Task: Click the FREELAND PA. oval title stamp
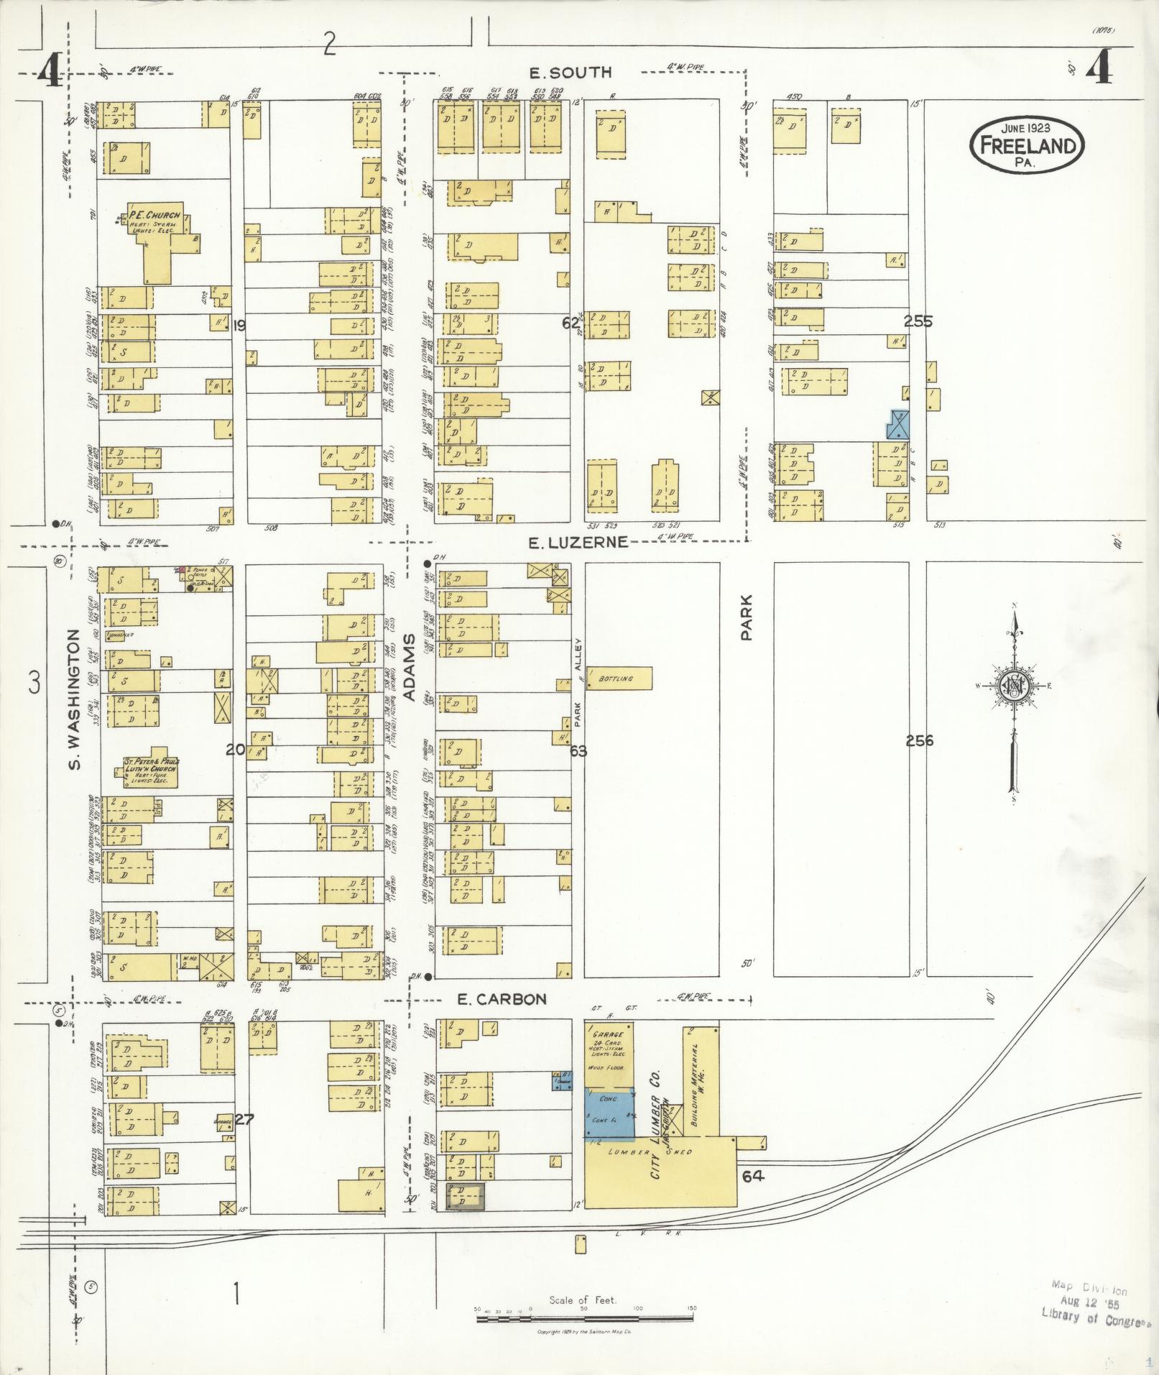[1026, 144]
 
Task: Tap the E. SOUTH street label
[570, 72]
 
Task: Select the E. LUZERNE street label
[578, 543]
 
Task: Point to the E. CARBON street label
[502, 998]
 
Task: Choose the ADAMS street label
[410, 667]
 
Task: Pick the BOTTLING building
[619, 679]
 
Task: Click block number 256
[919, 740]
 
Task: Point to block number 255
[918, 321]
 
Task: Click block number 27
[245, 1119]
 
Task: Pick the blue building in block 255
[899, 424]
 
